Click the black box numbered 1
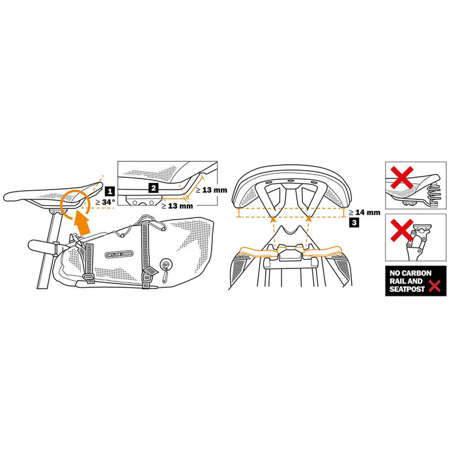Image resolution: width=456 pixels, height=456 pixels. point(110,192)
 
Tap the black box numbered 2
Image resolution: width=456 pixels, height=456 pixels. point(154,188)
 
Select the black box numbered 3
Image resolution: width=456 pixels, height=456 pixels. point(354,223)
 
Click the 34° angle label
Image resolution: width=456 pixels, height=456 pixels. point(105,202)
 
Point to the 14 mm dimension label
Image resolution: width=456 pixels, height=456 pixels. point(364,212)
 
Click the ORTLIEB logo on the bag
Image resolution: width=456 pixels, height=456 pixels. point(119,254)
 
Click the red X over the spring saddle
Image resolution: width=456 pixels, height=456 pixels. point(402,177)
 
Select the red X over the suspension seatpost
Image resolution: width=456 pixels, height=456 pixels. point(402,230)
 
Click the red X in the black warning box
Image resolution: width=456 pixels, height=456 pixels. point(435,286)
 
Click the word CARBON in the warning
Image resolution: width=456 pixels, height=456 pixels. point(416,273)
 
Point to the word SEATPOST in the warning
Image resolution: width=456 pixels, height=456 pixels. point(407,289)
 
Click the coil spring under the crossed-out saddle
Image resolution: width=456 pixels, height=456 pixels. point(433,194)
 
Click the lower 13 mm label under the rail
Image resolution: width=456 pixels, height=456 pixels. point(177,206)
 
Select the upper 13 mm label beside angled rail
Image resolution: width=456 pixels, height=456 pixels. point(212,190)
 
